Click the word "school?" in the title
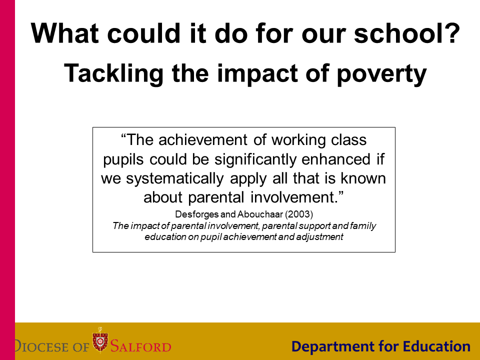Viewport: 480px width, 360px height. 407,33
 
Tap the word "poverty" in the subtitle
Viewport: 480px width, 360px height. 381,74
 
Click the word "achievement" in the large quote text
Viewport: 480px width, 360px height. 202,140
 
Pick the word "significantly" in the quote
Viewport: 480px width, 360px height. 255,160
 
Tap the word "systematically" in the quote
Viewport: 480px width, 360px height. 175,179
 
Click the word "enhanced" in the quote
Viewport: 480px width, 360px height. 336,159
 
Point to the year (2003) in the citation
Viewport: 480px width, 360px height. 299,214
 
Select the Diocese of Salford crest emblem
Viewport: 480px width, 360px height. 100,340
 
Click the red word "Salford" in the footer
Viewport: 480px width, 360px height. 140,346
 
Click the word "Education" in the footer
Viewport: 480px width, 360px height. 436,346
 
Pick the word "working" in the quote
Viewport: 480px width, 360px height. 298,140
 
